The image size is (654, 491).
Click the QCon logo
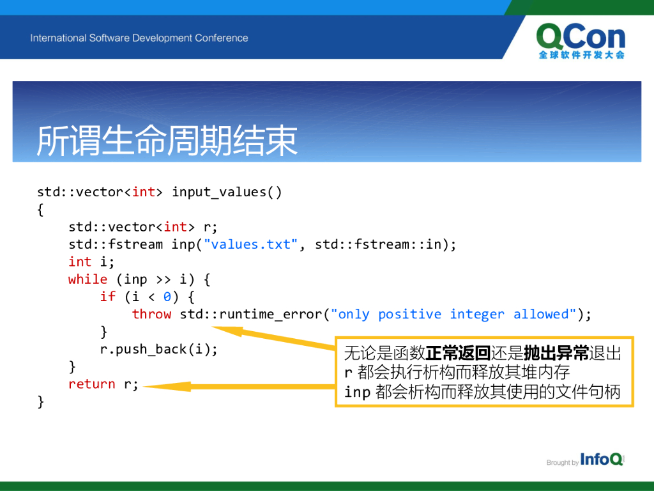(581, 41)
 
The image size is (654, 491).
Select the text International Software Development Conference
(139, 38)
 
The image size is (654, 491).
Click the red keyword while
(87, 279)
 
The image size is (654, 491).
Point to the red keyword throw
(151, 314)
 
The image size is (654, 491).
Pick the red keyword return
(92, 384)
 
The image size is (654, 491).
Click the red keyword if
(107, 297)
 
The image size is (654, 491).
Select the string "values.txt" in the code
(250, 244)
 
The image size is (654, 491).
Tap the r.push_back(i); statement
(159, 349)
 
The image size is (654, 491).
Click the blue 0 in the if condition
(167, 297)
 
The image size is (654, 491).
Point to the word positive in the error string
(409, 315)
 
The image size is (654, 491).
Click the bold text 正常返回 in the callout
(458, 353)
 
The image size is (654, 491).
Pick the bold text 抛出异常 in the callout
(556, 353)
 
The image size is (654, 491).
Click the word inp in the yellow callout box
(358, 393)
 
